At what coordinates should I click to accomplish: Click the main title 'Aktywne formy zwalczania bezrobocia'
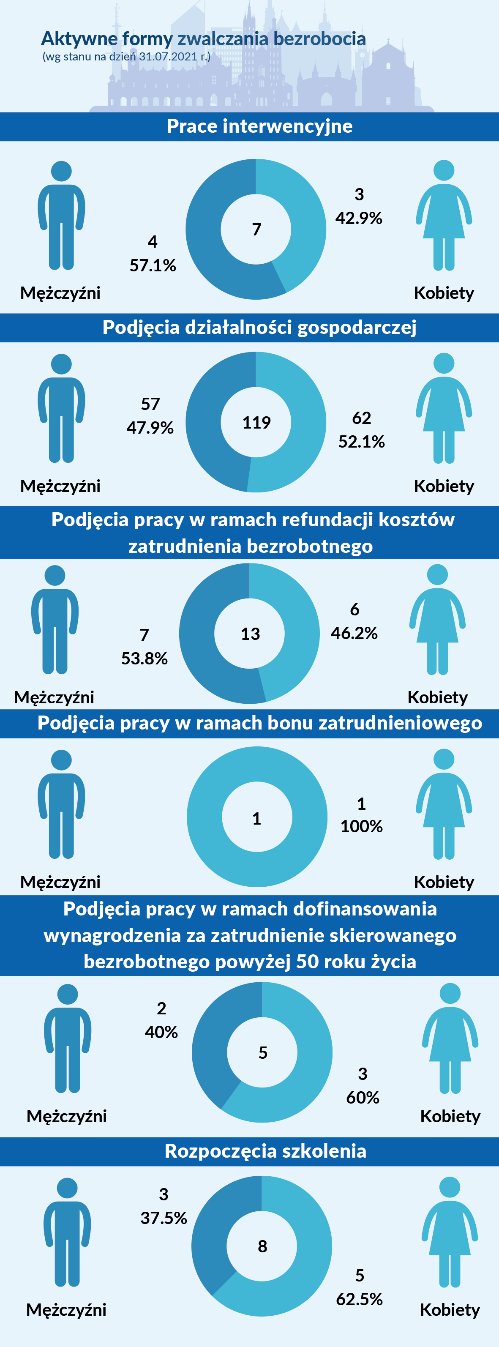[x=203, y=39]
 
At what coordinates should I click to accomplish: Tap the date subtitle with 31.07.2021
[x=126, y=57]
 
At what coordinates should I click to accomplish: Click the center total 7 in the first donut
[x=256, y=230]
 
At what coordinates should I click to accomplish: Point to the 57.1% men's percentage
[x=153, y=265]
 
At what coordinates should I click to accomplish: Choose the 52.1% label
[x=361, y=441]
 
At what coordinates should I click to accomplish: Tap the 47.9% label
[x=150, y=427]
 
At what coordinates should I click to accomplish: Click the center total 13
[x=250, y=634]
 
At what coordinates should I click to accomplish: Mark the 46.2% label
[x=354, y=633]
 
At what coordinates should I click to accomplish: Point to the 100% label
[x=361, y=826]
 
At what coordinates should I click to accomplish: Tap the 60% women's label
[x=363, y=1097]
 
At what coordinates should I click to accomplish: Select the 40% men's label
[x=161, y=1032]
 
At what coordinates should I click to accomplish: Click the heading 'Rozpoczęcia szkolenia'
[x=265, y=1151]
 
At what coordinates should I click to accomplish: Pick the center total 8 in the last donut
[x=262, y=1246]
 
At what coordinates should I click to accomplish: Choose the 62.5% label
[x=359, y=1298]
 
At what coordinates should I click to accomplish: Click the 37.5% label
[x=164, y=1218]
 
